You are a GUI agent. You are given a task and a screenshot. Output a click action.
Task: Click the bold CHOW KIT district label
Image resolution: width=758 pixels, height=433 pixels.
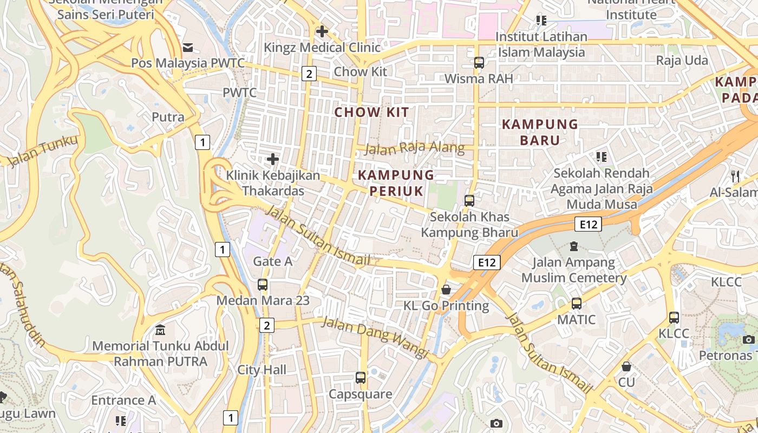371,113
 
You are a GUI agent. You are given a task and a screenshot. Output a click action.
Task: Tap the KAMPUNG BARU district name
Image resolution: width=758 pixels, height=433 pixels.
540,132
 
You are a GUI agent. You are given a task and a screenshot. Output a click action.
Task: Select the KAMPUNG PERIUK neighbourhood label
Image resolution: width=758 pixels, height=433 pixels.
396,182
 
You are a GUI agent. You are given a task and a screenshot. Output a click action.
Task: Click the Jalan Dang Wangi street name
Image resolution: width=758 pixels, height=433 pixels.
375,337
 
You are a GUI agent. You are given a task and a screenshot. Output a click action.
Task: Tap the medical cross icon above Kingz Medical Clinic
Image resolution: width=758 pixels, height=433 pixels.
322,31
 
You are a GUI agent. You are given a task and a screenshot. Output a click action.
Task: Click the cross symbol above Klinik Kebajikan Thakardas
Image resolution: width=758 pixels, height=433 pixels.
273,159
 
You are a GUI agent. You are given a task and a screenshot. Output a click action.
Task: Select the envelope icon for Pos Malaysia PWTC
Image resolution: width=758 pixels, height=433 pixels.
188,48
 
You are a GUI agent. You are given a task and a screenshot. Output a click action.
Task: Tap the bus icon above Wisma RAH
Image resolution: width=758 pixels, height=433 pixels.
479,62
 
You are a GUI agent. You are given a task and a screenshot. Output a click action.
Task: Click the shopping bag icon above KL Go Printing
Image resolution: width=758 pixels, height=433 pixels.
446,290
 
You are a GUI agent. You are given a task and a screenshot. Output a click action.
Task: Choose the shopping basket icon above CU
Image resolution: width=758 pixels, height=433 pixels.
626,366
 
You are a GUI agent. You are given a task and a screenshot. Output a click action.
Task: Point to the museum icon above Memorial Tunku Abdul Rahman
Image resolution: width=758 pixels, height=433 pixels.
160,330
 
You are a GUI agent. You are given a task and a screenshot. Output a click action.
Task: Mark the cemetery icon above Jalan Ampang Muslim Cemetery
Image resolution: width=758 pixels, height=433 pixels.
574,247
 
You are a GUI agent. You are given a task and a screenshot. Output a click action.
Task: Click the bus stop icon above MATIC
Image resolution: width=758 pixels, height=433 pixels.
577,303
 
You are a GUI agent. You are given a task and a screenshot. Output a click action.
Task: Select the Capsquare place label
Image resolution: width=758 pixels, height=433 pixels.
361,394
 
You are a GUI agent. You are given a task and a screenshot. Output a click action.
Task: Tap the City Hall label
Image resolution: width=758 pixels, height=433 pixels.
262,370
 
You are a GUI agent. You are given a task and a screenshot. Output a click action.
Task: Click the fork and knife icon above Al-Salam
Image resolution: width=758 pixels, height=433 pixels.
735,176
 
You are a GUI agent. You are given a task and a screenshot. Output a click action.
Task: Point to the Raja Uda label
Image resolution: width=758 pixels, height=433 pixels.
682,60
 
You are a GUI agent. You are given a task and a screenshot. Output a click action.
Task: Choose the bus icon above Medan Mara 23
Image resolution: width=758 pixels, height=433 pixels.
263,284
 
